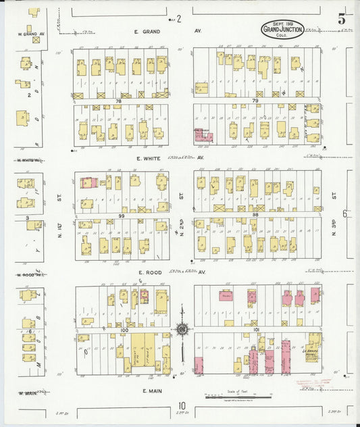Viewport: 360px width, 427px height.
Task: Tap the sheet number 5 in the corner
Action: [342, 20]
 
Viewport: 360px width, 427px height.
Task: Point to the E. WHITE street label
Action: [147, 158]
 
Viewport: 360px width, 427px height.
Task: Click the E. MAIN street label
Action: [149, 390]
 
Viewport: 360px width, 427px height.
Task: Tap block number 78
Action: [118, 101]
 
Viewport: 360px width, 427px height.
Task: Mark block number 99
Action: [122, 216]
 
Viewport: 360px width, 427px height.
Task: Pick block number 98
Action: [255, 214]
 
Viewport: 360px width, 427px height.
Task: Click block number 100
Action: [123, 330]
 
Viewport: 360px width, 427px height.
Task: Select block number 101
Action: [255, 330]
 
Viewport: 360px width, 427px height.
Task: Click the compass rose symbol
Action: [182, 330]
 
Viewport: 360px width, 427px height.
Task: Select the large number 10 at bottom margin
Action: [182, 407]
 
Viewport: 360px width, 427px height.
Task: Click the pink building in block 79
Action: [203, 135]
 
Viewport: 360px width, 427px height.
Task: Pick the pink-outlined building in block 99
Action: [88, 182]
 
